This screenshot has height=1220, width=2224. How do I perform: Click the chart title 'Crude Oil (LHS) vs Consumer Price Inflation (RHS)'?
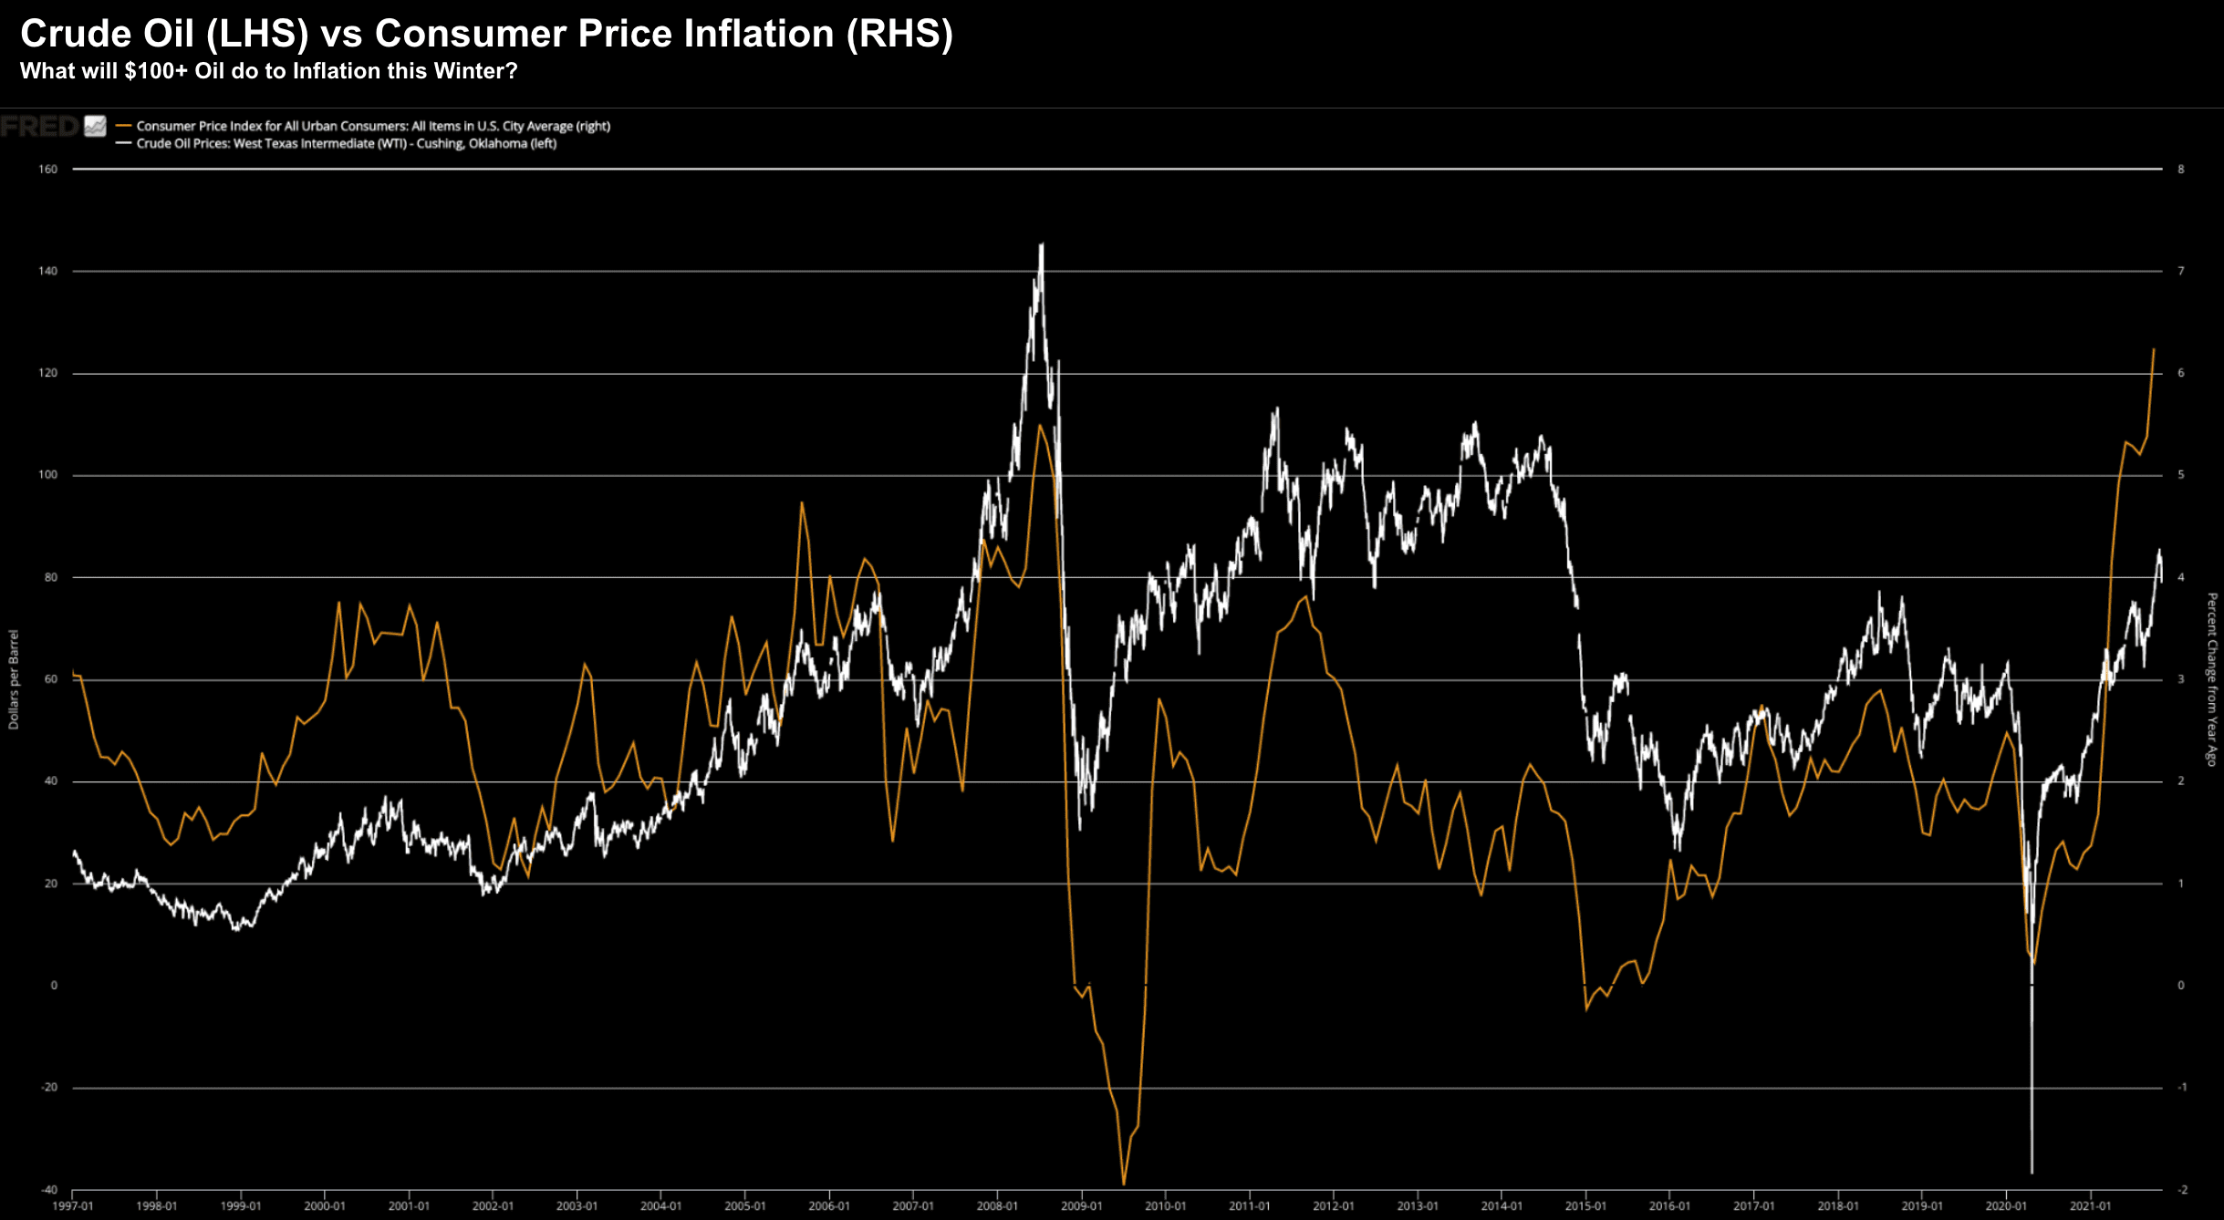[x=486, y=35]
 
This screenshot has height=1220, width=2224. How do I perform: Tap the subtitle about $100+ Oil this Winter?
[x=268, y=71]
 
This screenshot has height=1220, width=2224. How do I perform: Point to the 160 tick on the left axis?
[x=47, y=170]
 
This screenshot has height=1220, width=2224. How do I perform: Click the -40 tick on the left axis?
[x=47, y=1190]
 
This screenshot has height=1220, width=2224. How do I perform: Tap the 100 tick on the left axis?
[x=47, y=475]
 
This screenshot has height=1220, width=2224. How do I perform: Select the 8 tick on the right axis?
[x=2181, y=170]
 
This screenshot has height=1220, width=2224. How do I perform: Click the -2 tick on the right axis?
[x=2182, y=1190]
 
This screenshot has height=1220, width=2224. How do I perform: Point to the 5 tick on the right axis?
[x=2181, y=475]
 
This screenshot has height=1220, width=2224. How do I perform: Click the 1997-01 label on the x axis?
[x=73, y=1206]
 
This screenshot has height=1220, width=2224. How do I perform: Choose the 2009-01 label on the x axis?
[x=1081, y=1206]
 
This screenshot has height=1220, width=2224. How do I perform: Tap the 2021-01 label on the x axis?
[x=2090, y=1206]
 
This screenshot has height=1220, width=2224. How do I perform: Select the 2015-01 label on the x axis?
[x=1585, y=1206]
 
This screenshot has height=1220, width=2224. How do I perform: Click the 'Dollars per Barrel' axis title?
[x=14, y=679]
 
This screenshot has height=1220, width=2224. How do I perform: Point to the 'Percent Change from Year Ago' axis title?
[x=2211, y=679]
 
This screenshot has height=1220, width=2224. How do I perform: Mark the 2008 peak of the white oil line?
[x=1042, y=244]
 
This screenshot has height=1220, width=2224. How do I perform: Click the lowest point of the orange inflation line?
[x=1123, y=1184]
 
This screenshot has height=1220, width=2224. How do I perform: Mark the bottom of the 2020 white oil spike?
[x=2032, y=1172]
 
